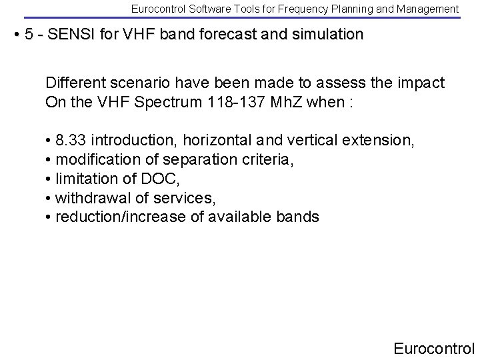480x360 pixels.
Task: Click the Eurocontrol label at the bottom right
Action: point(434,348)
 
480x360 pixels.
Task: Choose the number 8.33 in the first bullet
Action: point(71,141)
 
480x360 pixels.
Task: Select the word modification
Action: point(95,160)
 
